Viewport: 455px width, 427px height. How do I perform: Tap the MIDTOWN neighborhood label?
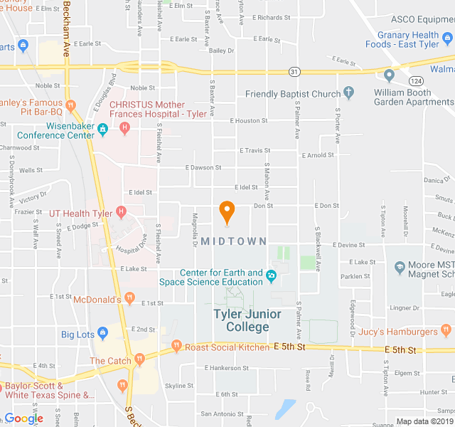[234, 241]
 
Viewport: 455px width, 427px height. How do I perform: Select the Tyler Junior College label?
[247, 320]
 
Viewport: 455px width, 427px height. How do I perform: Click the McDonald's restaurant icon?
[129, 298]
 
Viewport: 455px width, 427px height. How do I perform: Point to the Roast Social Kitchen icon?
[177, 347]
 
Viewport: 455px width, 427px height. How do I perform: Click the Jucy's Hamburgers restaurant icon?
[446, 330]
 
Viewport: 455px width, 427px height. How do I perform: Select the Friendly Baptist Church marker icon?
[348, 93]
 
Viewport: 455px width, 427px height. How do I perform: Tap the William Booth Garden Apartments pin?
[389, 75]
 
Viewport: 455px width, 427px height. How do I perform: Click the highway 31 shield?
[294, 71]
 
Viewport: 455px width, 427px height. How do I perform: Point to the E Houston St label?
[250, 120]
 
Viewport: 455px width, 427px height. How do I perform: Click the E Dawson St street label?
[203, 167]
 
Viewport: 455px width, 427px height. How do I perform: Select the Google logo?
[23, 418]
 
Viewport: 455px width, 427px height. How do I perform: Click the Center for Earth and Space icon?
[270, 276]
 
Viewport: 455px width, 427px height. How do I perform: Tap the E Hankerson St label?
[226, 368]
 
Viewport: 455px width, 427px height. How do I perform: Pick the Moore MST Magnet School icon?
[399, 268]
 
